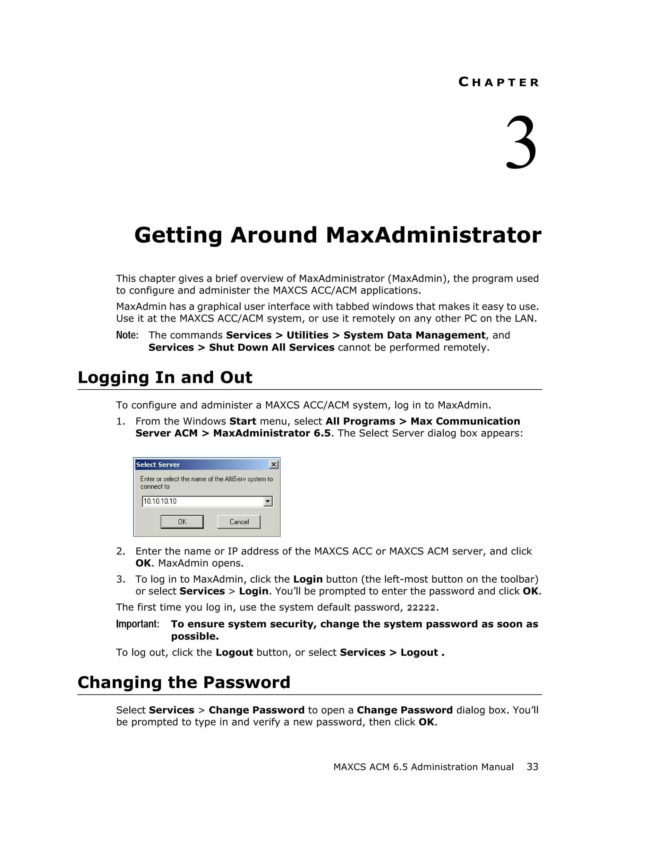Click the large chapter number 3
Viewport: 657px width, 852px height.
[x=521, y=143]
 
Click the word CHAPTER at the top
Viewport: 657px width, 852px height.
[x=499, y=82]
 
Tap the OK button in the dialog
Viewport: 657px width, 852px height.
[x=182, y=521]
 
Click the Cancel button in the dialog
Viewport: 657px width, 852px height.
[x=239, y=521]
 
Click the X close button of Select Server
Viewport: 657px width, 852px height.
[x=274, y=464]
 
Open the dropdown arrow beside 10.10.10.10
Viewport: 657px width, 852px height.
[x=268, y=501]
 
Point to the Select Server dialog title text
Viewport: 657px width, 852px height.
[x=158, y=465]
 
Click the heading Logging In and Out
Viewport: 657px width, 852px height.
[x=165, y=377]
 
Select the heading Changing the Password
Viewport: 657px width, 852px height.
[x=183, y=682]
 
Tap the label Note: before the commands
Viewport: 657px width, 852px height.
[x=127, y=335]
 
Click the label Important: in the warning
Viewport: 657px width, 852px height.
[x=138, y=624]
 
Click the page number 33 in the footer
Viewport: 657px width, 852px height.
[x=532, y=767]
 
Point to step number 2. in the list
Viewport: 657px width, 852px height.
[x=121, y=551]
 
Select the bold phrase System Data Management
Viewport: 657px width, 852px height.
[x=414, y=335]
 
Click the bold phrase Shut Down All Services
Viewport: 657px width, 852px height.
[x=271, y=347]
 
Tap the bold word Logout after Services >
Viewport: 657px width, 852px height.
[x=419, y=652]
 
